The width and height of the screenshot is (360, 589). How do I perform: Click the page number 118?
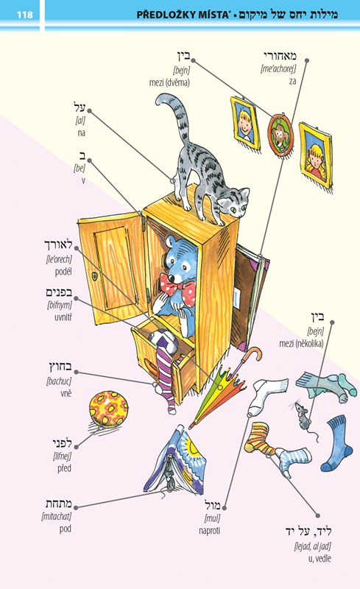click(x=25, y=15)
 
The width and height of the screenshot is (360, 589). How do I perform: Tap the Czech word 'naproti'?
click(x=210, y=530)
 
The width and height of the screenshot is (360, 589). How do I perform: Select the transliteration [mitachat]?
click(x=57, y=517)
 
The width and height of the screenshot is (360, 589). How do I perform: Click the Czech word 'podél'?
click(x=63, y=271)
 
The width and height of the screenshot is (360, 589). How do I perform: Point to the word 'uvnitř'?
click(x=63, y=317)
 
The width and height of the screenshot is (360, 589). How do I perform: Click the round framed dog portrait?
click(x=280, y=134)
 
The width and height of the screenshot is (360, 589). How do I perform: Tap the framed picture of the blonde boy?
click(x=245, y=122)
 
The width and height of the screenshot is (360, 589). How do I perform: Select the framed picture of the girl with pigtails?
click(x=316, y=155)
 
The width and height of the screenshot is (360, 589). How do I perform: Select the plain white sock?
click(x=267, y=395)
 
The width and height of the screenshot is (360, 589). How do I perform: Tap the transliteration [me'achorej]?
click(x=278, y=68)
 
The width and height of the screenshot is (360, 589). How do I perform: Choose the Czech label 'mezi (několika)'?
click(x=301, y=343)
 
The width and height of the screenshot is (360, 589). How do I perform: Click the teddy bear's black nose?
click(x=171, y=278)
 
